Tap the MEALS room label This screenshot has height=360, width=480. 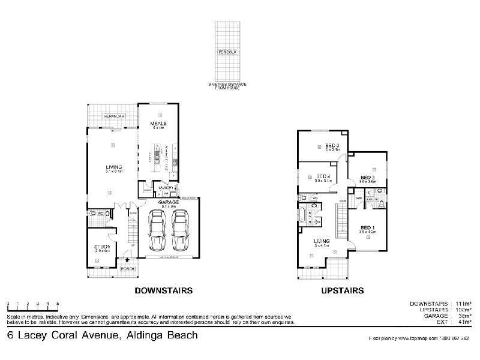point(158,124)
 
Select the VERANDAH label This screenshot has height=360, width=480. point(113,115)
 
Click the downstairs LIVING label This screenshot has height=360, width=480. point(113,167)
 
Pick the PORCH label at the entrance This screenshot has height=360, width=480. point(128,268)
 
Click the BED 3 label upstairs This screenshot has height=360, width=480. point(333,146)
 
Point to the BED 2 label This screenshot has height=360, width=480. point(368,178)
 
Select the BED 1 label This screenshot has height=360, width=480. point(368,227)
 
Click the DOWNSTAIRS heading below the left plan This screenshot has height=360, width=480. point(163,290)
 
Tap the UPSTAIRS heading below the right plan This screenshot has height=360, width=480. point(343,290)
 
